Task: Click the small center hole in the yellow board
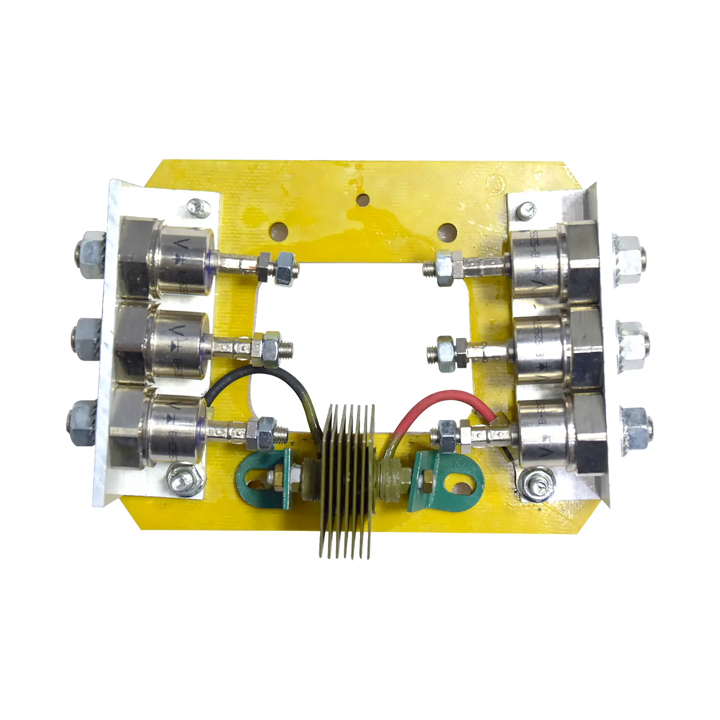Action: (x=363, y=199)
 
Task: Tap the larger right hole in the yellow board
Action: (x=447, y=232)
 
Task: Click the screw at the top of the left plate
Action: (x=199, y=208)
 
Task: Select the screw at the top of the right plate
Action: (x=526, y=211)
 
